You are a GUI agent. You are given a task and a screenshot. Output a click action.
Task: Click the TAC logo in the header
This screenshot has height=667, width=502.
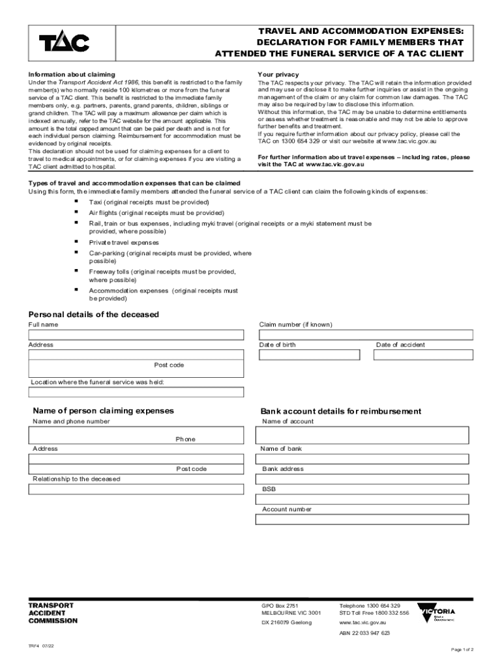coord(64,43)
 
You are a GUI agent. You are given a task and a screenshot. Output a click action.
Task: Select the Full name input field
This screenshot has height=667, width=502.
coord(136,335)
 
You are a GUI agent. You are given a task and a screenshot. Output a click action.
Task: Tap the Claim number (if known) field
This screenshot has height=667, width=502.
coord(366,335)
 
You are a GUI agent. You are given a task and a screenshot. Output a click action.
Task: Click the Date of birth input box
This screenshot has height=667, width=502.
coord(309,355)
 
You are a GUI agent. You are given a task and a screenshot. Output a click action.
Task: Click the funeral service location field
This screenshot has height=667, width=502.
coord(136,392)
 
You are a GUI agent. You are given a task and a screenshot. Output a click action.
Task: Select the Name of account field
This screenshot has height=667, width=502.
coord(362,435)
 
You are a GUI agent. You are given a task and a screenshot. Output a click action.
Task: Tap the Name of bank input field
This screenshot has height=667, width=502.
coord(362,459)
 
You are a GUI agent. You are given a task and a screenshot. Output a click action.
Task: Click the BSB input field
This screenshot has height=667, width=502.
coord(362,500)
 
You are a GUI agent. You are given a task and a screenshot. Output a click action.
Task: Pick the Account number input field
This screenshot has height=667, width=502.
coord(362,520)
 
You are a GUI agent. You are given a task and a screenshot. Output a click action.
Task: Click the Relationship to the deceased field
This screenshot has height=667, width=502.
coord(136,490)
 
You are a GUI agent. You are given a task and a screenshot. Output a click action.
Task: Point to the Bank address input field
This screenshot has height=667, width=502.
coord(362,479)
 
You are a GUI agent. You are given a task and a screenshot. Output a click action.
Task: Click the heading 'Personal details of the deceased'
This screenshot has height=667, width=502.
coord(93,314)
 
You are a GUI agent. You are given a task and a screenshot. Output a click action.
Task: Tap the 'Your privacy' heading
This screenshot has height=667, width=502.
coord(278,75)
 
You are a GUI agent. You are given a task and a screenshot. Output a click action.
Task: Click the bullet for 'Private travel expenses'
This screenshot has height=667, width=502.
coord(76,242)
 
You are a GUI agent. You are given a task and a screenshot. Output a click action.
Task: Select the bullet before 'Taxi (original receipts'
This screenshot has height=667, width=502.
coord(76,202)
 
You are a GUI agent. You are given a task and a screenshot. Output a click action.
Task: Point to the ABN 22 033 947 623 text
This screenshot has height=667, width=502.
coord(364,633)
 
